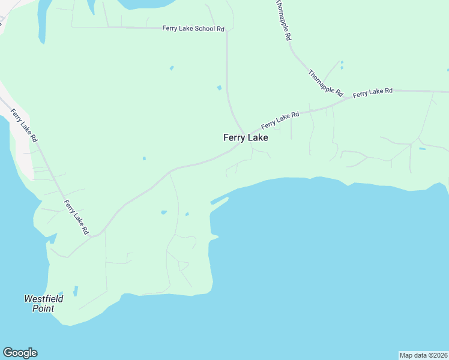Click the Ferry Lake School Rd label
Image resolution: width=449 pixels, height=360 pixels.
pyautogui.click(x=193, y=28)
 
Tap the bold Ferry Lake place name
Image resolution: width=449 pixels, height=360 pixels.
pyautogui.click(x=246, y=137)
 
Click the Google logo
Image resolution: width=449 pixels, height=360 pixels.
pyautogui.click(x=20, y=353)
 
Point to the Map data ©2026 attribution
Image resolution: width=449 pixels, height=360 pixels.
pyautogui.click(x=423, y=355)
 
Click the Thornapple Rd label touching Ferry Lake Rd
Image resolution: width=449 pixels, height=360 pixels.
pyautogui.click(x=325, y=83)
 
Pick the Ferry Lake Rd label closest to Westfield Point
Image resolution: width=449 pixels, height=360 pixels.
pyautogui.click(x=77, y=217)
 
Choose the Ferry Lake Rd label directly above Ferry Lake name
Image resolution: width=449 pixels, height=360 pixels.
pyautogui.click(x=280, y=120)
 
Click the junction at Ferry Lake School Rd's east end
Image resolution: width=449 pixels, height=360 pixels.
pyautogui.click(x=226, y=28)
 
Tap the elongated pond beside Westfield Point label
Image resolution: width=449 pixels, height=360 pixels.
pyautogui.click(x=76, y=291)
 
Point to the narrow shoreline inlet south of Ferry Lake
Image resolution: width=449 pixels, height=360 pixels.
pyautogui.click(x=220, y=201)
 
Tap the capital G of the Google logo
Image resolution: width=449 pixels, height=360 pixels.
pyautogui.click(x=8, y=353)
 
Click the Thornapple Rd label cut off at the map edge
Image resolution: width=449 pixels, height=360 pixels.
pyautogui.click(x=283, y=20)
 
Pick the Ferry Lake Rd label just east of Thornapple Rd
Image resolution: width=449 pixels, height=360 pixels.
pyautogui.click(x=373, y=92)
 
